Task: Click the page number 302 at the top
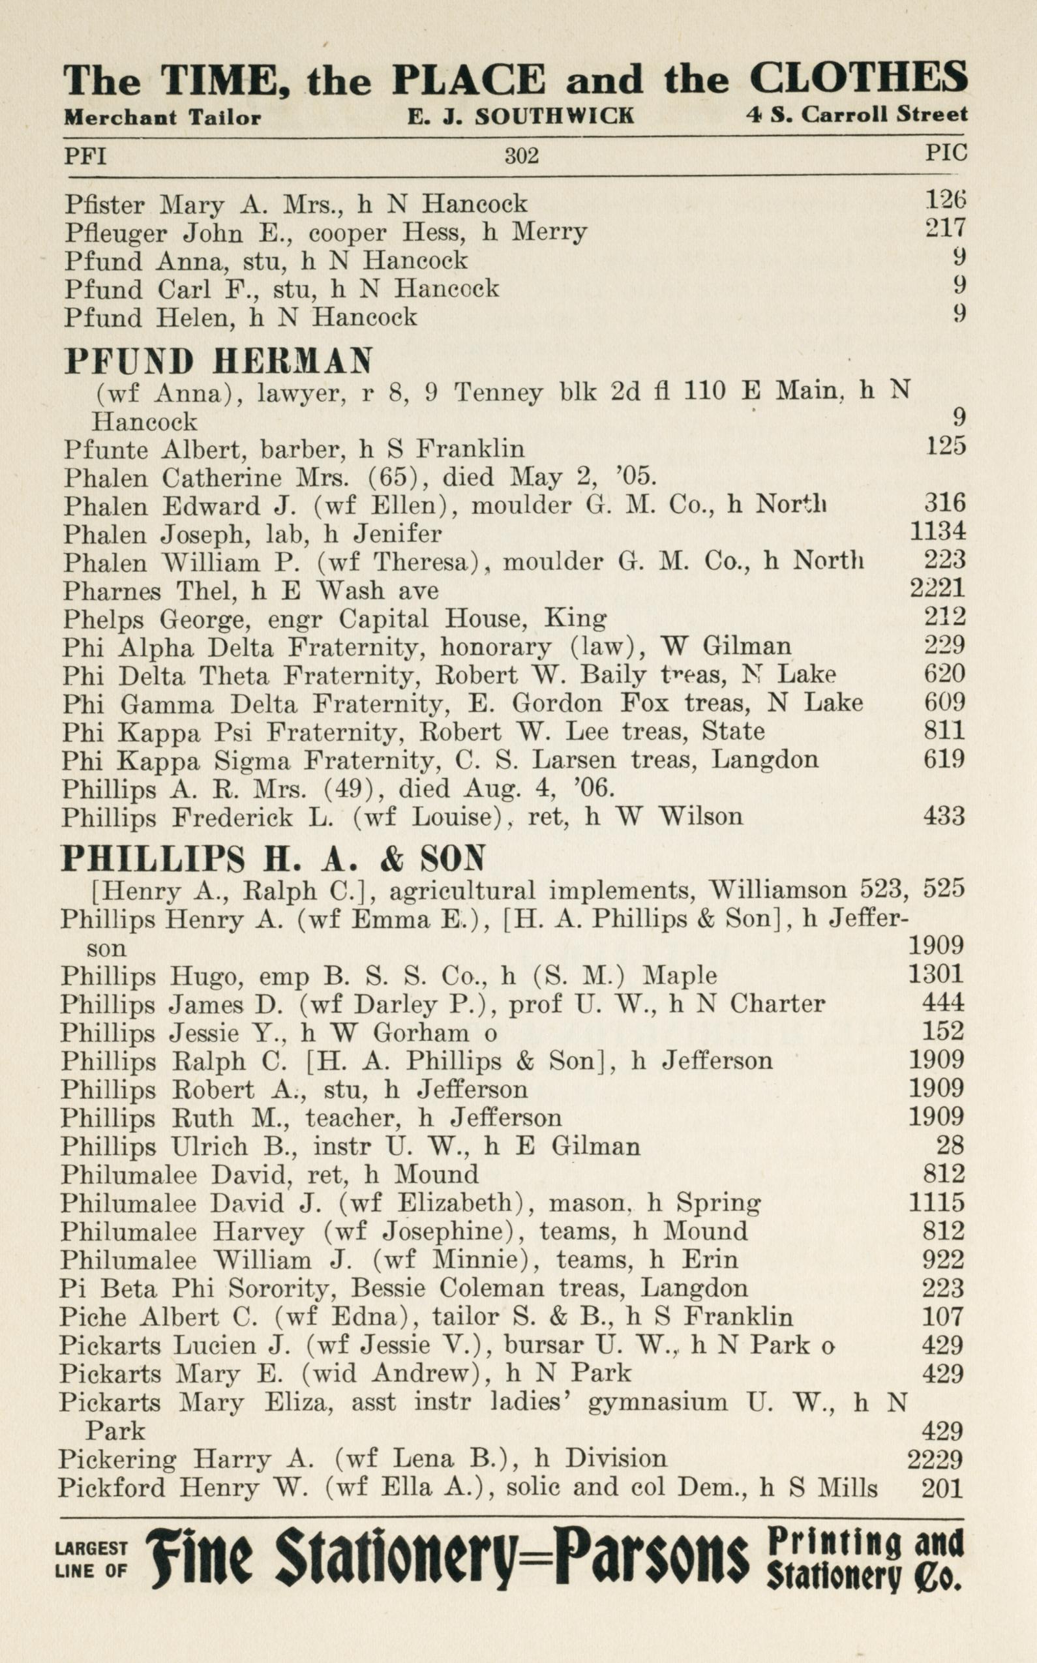click(521, 157)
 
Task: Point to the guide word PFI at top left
click(85, 157)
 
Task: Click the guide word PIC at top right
click(946, 153)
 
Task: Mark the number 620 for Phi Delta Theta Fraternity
click(944, 674)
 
